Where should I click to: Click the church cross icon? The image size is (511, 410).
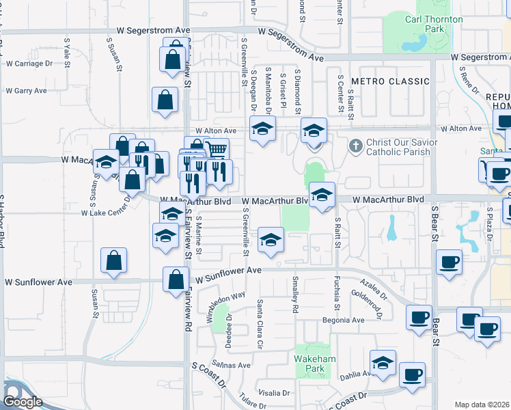pyautogui.click(x=355, y=146)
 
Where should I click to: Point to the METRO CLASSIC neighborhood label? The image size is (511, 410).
pyautogui.click(x=390, y=81)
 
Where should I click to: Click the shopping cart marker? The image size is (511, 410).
pyautogui.click(x=217, y=148)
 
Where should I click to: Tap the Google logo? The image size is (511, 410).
pyautogui.click(x=23, y=402)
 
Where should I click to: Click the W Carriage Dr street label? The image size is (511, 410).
pyautogui.click(x=29, y=64)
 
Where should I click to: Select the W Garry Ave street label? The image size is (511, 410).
pyautogui.click(x=26, y=90)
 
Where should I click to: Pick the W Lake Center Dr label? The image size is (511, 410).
pyautogui.click(x=106, y=213)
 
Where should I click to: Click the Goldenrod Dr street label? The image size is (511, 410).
pyautogui.click(x=369, y=298)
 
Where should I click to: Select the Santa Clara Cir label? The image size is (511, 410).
pyautogui.click(x=260, y=324)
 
